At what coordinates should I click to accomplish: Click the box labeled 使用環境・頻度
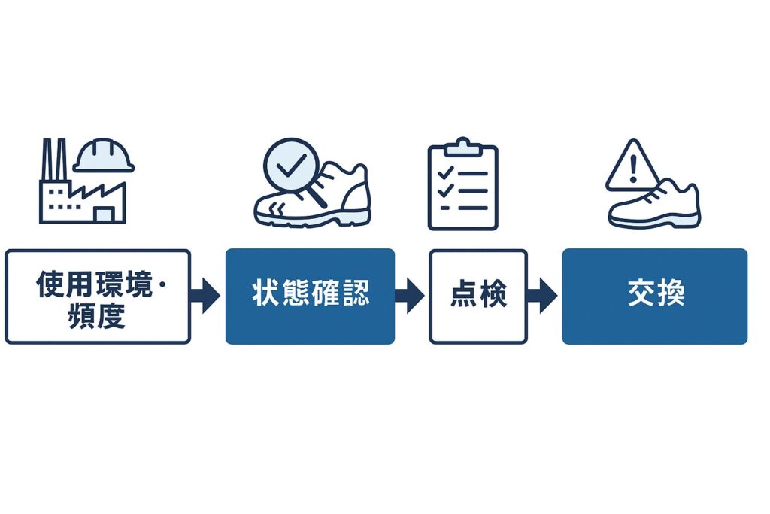coord(98,297)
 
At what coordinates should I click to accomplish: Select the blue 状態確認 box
coord(310,297)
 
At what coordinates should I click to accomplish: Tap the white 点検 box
coord(478,297)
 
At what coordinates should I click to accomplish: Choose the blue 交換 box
coord(654,297)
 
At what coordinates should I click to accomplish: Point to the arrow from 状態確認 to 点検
coord(411,297)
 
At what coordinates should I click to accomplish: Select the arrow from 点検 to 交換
coord(544,297)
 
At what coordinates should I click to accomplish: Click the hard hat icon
coord(104,156)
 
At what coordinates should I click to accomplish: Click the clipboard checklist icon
coord(462,187)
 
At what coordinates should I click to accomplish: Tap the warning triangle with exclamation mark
coord(632,166)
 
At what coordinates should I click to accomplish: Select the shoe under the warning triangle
coord(656,207)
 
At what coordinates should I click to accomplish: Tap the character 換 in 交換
coord(671,294)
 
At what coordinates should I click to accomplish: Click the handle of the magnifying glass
coord(318,197)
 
